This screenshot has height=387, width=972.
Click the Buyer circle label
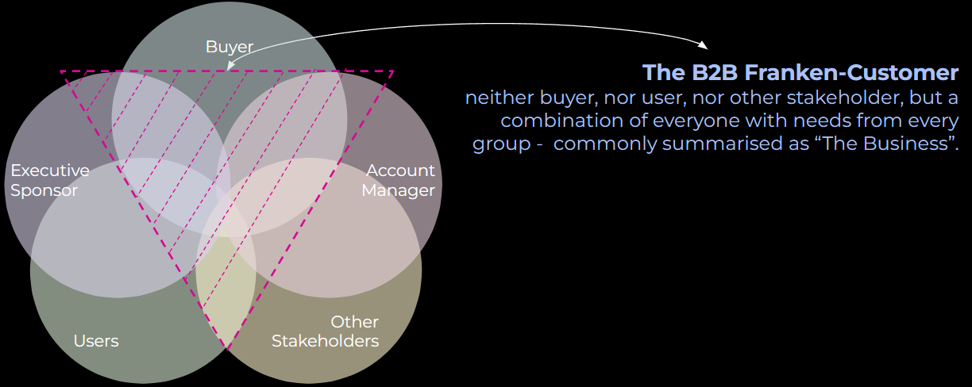(x=229, y=47)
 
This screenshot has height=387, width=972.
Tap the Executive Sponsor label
(x=49, y=181)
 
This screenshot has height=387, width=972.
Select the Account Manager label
(x=400, y=181)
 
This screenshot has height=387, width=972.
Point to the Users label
(x=96, y=341)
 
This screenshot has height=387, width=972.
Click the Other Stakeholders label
(x=325, y=331)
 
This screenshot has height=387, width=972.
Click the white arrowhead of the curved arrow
(x=703, y=44)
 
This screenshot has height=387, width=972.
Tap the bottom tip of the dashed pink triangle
(x=228, y=347)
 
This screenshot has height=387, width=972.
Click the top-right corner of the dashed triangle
(x=393, y=71)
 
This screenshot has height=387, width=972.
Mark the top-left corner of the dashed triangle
(x=61, y=71)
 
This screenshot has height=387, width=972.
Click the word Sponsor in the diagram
(x=44, y=191)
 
